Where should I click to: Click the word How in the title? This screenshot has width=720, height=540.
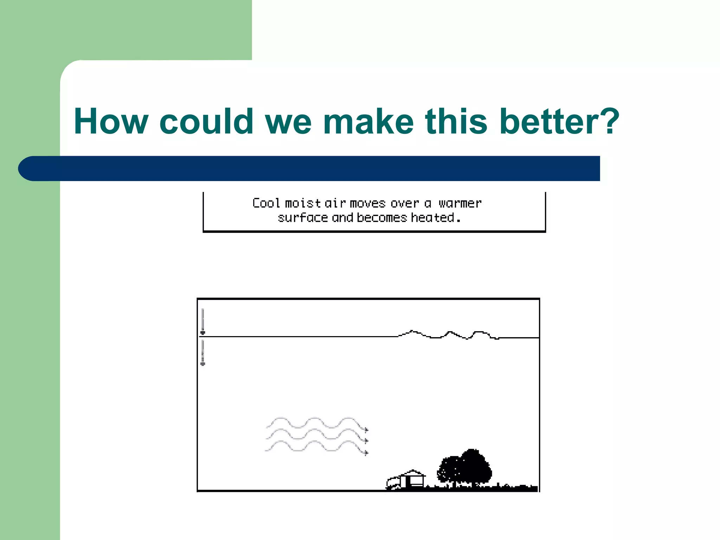[111, 121]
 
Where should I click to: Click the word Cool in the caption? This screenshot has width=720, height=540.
[266, 203]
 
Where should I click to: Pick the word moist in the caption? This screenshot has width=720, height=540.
[302, 203]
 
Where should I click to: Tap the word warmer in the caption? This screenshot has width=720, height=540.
[460, 203]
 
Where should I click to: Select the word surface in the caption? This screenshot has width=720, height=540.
[303, 218]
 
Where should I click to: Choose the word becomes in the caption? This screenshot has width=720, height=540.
[381, 218]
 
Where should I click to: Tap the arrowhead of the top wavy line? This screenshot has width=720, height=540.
[366, 430]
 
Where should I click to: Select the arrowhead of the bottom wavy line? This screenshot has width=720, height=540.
[366, 453]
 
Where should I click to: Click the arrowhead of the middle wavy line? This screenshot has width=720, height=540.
[366, 441]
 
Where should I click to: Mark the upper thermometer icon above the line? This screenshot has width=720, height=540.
[202, 322]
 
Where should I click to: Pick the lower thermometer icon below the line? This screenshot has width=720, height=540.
[202, 353]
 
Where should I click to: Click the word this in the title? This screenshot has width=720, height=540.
[456, 121]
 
